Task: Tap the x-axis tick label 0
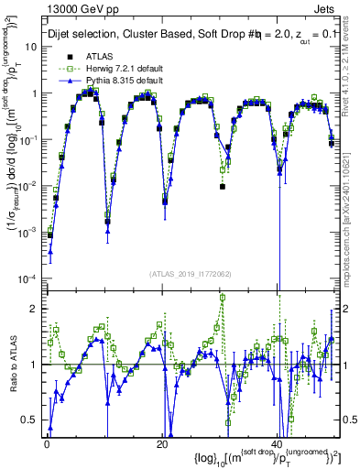tap(47, 442)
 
